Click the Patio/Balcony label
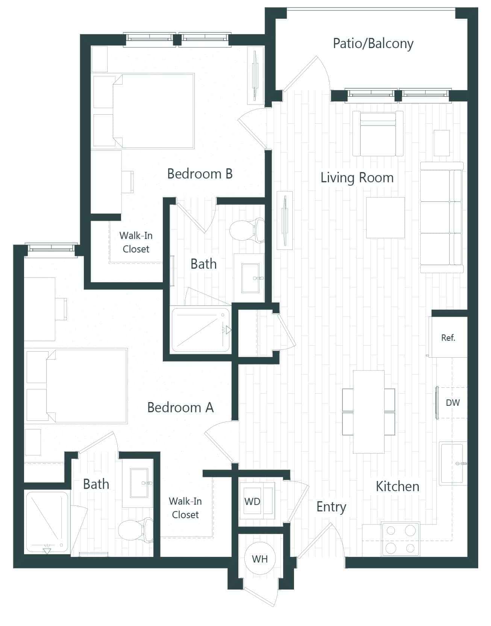click(373, 44)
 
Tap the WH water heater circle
click(259, 559)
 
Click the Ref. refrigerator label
click(448, 337)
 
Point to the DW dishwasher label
click(453, 403)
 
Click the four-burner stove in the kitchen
click(401, 539)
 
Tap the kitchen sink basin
click(452, 463)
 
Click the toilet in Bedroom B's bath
click(246, 230)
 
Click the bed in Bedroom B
click(154, 111)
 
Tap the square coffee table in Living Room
click(385, 218)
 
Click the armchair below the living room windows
click(378, 134)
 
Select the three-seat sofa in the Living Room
click(442, 217)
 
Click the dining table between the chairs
click(368, 411)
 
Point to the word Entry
click(331, 507)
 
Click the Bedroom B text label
click(200, 174)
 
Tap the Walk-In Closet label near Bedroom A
click(185, 508)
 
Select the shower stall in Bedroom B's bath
click(200, 330)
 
